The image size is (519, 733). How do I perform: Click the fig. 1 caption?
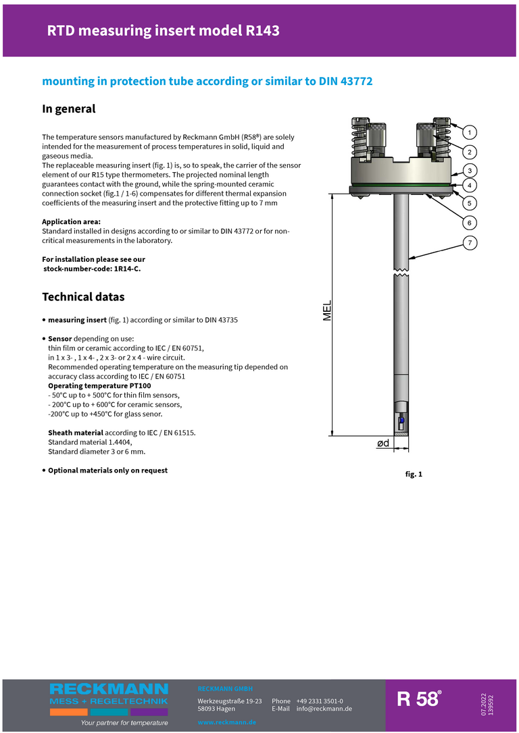click(x=414, y=474)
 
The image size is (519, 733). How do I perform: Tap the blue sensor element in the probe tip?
click(x=401, y=420)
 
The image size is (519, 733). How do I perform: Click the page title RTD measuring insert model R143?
click(x=163, y=30)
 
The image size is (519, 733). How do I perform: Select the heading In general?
click(x=69, y=109)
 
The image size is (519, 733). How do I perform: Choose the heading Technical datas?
click(x=83, y=297)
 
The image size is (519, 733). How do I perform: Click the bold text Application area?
click(x=71, y=221)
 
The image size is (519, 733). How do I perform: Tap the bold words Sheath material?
click(x=76, y=433)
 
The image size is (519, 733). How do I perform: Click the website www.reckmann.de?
click(x=226, y=722)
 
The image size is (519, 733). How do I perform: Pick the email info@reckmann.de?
click(x=324, y=709)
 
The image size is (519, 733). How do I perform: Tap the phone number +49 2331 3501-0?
click(x=319, y=701)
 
